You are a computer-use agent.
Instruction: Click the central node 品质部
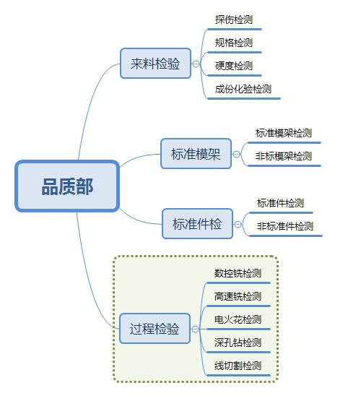(x=67, y=186)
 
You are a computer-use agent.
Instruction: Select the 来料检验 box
(x=155, y=63)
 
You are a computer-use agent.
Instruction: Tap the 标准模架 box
(x=196, y=154)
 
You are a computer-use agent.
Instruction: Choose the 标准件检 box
(x=198, y=224)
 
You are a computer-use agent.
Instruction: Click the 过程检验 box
(x=155, y=328)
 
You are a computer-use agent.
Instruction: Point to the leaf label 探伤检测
(x=234, y=20)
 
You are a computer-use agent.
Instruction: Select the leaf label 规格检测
(x=234, y=43)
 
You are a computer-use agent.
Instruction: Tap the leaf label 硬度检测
(x=234, y=66)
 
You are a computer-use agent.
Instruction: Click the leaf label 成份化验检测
(x=243, y=89)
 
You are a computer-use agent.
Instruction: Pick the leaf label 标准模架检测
(x=284, y=133)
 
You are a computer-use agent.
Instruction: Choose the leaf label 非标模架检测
(x=284, y=156)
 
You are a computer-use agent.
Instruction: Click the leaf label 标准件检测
(x=280, y=203)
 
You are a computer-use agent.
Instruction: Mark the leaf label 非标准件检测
(x=285, y=226)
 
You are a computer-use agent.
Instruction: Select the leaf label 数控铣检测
(x=238, y=273)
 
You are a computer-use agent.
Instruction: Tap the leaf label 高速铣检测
(x=238, y=296)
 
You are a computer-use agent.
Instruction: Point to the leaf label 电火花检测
(x=238, y=319)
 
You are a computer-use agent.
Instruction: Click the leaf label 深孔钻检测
(x=238, y=342)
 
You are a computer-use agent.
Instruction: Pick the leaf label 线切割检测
(x=238, y=366)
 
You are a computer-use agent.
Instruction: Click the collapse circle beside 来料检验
(x=196, y=64)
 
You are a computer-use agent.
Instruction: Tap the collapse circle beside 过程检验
(x=195, y=329)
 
